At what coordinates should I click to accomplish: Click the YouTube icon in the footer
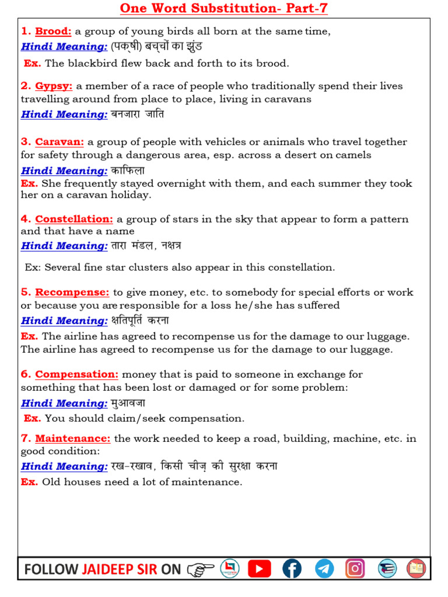pos(260,568)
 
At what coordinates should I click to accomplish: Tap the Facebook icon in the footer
pos(292,568)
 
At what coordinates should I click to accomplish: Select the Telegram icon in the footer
pos(324,568)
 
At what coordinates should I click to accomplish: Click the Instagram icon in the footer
pos(355,568)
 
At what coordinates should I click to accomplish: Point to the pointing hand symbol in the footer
pos(201,569)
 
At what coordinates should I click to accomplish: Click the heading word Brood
pos(53,31)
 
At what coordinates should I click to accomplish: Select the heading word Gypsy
pos(54,86)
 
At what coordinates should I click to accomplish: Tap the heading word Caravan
pos(60,142)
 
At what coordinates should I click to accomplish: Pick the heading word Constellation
pos(74,219)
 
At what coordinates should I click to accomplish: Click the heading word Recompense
pos(72,292)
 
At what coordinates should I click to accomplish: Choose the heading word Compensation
pos(76,374)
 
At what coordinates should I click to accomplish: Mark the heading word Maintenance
pos(72,438)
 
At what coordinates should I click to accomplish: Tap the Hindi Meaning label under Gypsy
pos(64,114)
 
